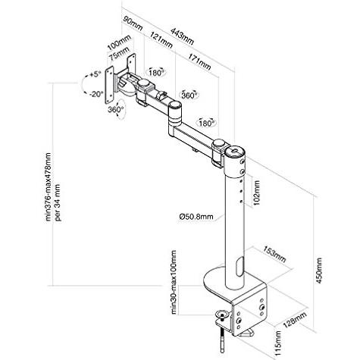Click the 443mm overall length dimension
[182, 36]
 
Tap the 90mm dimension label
[133, 23]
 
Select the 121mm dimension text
[161, 40]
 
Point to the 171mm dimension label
[199, 61]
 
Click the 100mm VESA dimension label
[119, 42]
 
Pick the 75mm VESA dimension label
[119, 54]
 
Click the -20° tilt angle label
[96, 94]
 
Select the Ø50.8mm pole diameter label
[196, 216]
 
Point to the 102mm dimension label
[257, 193]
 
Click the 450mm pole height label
[319, 271]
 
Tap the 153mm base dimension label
[274, 254]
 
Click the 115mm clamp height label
[278, 343]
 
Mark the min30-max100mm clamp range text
[174, 282]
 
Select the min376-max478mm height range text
[48, 187]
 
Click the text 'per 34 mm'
[58, 202]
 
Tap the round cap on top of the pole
[235, 151]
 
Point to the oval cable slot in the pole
[240, 267]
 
